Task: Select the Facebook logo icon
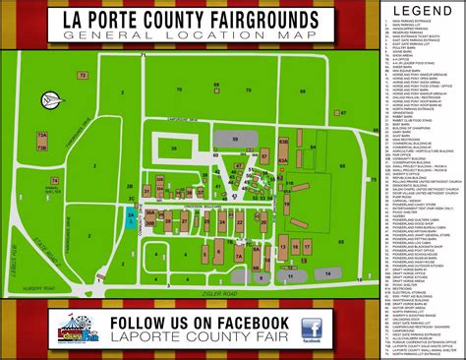click(x=313, y=330)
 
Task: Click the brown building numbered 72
click(x=84, y=75)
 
